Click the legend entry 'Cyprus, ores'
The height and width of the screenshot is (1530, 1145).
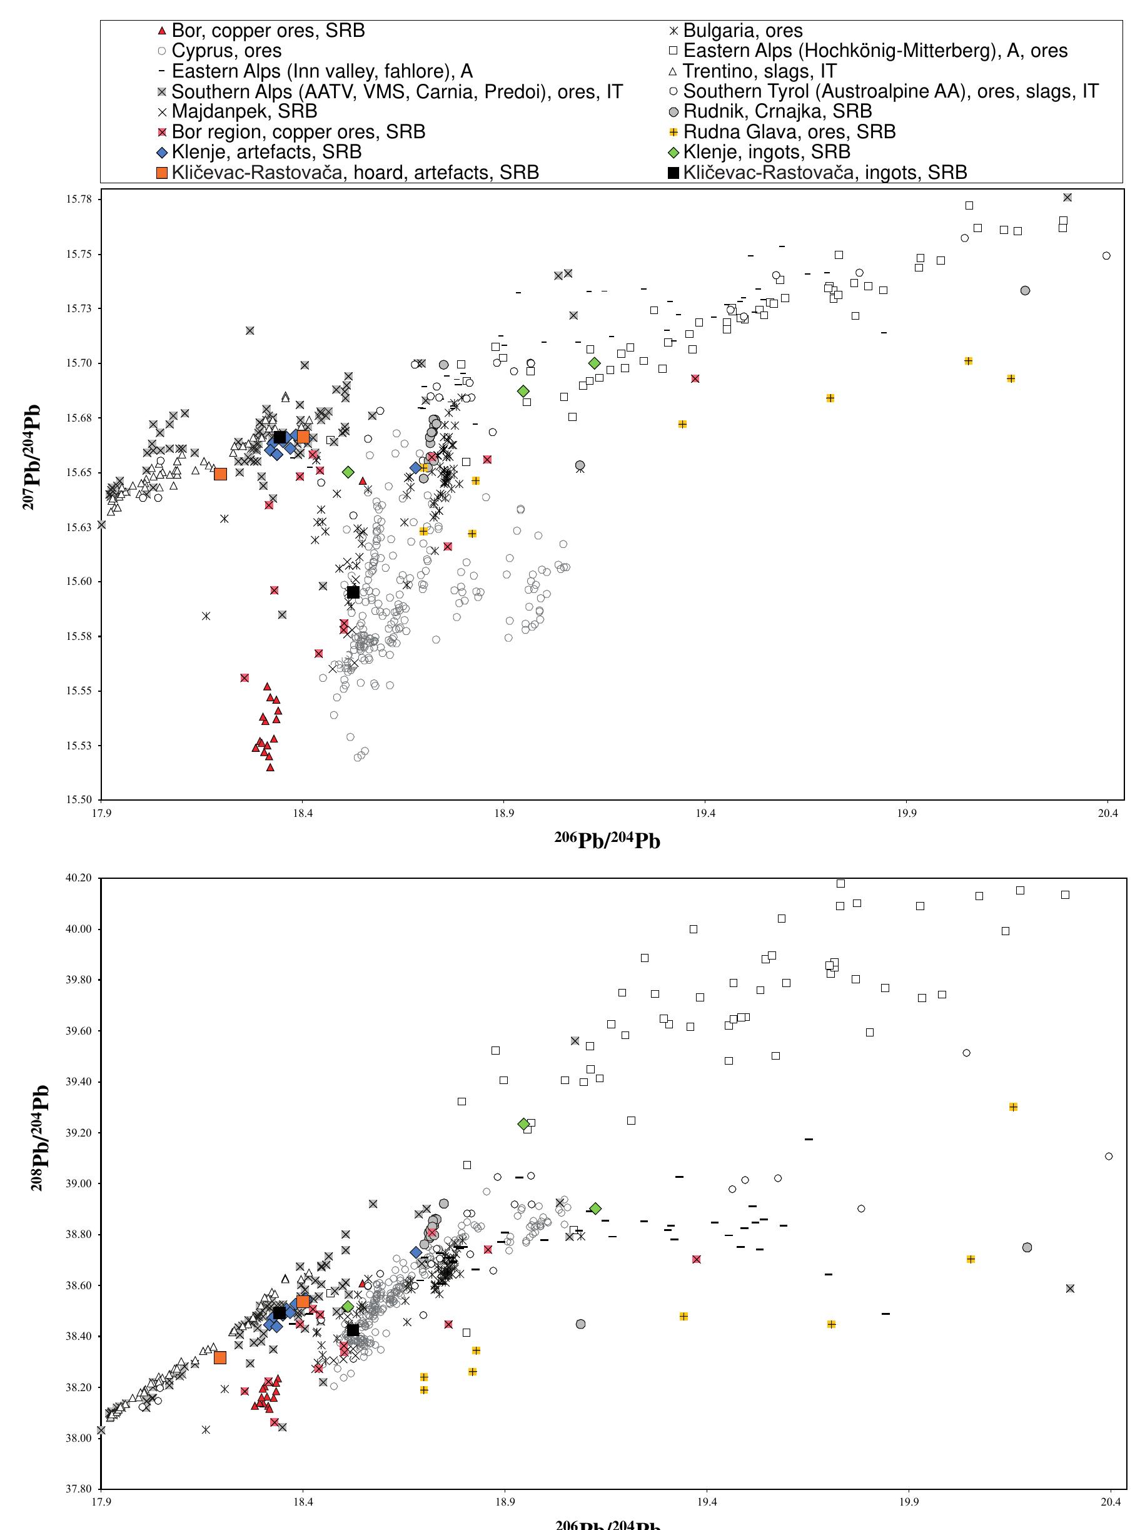click(x=226, y=51)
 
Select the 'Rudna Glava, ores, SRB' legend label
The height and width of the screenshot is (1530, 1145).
click(x=789, y=131)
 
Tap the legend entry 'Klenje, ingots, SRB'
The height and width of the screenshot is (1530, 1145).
click(x=766, y=151)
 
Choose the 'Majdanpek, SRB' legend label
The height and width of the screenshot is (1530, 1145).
click(x=244, y=111)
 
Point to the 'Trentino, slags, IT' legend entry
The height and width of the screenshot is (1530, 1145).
click(x=759, y=71)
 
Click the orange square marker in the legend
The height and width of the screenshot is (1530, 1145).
click(x=162, y=172)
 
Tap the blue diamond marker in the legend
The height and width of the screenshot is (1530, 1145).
click(x=162, y=152)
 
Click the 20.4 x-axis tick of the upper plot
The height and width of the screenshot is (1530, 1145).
click(x=1107, y=813)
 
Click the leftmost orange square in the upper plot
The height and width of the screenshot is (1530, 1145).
click(x=221, y=474)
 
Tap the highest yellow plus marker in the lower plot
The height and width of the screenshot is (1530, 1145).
click(x=1013, y=1107)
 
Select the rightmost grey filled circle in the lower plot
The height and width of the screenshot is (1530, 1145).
click(x=1027, y=1247)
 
